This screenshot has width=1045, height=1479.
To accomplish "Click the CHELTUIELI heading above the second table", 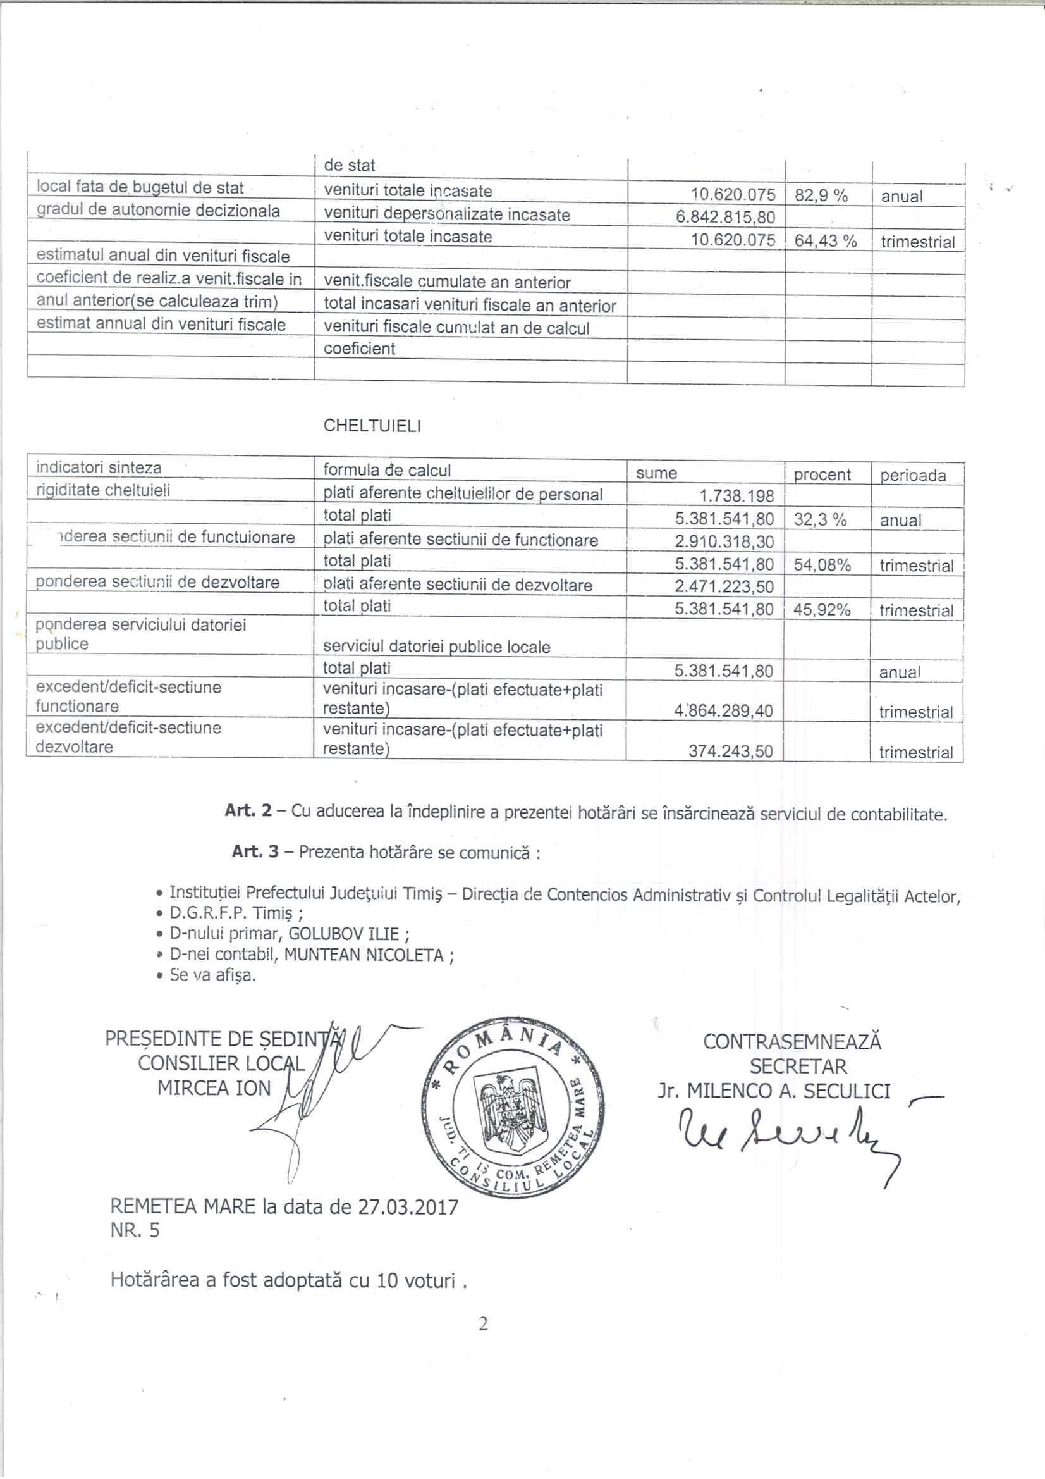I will click(x=372, y=426).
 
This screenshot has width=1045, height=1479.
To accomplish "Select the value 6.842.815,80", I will click(x=725, y=217).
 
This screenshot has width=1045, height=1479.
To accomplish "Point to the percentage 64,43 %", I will click(x=826, y=242).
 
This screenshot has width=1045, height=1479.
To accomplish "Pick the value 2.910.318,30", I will click(x=724, y=541).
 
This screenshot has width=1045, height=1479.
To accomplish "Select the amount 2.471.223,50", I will click(x=724, y=587).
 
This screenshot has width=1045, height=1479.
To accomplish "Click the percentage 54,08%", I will click(x=822, y=566).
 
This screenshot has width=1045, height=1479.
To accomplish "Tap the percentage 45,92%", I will click(x=822, y=610).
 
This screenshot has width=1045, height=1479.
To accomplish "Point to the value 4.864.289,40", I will click(x=724, y=711).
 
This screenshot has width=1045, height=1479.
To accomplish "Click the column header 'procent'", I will click(x=822, y=474).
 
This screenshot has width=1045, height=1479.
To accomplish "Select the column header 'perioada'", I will click(x=913, y=476).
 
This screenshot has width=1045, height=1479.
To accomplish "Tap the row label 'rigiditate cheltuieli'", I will click(x=103, y=490).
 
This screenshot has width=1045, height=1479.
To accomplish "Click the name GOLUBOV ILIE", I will click(x=344, y=934).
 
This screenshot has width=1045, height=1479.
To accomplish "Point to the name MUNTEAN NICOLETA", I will click(x=364, y=955).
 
